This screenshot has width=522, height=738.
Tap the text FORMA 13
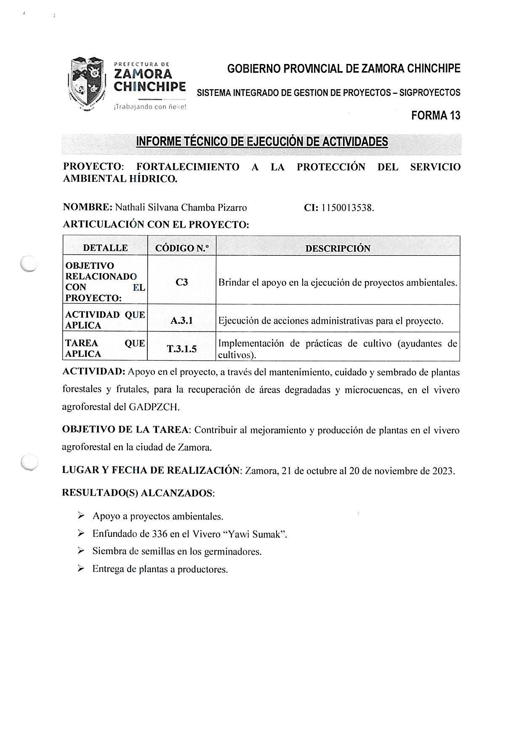point(436,115)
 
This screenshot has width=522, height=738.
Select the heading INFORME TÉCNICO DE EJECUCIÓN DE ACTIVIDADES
point(262,142)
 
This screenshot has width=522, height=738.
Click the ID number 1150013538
point(348,207)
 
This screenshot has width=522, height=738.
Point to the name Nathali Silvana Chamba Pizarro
point(181,207)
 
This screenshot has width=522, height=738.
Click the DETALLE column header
point(105,248)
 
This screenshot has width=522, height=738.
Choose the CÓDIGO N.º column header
point(182,248)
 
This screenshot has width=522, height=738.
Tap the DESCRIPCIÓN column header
point(338,248)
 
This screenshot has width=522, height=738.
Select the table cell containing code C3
point(182,282)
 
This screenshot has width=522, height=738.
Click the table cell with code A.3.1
point(182,321)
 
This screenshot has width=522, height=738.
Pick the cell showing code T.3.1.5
point(182,348)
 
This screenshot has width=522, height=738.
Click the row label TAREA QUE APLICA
point(105,348)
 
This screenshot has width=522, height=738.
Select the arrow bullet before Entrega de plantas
point(81,569)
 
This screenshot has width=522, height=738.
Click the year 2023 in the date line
point(443,470)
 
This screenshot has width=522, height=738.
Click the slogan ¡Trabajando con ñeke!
point(149,107)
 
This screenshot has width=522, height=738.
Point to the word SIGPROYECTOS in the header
point(430,93)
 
